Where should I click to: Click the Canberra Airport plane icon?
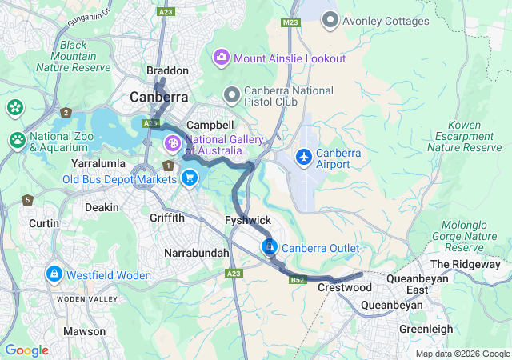point(305,157)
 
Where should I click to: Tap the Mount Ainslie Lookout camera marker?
point(221,58)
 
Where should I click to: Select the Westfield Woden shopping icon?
point(54,274)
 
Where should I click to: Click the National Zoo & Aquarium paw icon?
point(18,141)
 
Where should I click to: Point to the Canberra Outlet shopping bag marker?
point(270,247)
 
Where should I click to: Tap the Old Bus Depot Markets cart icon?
point(190,178)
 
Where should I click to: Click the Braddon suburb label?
point(168,71)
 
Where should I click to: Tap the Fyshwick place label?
point(249,220)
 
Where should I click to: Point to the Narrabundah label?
point(196,253)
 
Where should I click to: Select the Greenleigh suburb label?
point(426,329)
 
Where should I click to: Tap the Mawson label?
point(84,331)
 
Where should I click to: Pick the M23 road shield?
point(291,23)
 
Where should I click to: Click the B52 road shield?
point(298,280)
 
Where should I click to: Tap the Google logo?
point(26,350)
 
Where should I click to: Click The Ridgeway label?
point(465,264)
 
